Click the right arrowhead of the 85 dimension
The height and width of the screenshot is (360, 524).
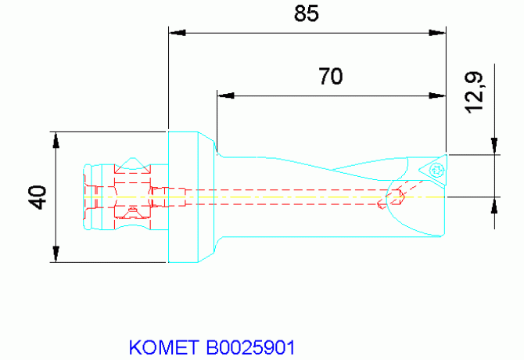pyautogui.click(x=438, y=32)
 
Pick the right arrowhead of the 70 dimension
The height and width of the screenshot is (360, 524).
pyautogui.click(x=438, y=96)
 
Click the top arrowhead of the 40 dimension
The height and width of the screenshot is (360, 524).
pyautogui.click(x=56, y=139)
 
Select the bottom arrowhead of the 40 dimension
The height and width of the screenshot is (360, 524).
pyautogui.click(x=56, y=254)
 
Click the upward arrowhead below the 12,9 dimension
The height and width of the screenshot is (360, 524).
pyautogui.click(x=493, y=203)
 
